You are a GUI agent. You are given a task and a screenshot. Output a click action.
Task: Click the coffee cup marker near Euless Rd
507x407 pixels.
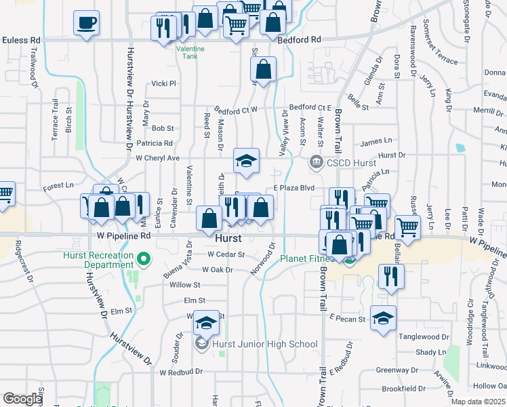click(x=86, y=23)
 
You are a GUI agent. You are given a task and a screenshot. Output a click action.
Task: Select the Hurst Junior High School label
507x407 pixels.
click(x=264, y=344)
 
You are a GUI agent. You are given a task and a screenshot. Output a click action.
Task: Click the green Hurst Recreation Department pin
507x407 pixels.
click(x=143, y=259)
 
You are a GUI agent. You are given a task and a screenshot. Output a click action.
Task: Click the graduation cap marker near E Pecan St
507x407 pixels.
click(x=383, y=318)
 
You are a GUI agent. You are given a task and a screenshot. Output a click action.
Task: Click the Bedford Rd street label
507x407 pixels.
click(x=299, y=40)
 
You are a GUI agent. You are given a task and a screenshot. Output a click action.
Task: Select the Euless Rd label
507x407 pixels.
click(x=20, y=40)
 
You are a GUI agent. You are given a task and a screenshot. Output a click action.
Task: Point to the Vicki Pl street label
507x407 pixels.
click(x=163, y=83)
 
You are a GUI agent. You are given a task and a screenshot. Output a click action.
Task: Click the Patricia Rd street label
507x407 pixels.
click(x=155, y=143)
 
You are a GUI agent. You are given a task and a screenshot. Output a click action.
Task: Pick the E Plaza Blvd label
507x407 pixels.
click(x=295, y=188)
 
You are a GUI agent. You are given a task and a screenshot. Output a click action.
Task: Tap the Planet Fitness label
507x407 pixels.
click(x=305, y=258)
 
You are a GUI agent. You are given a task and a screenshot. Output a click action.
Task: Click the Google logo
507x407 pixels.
click(x=22, y=399)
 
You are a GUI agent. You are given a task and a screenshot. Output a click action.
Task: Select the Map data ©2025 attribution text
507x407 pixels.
click(x=478, y=402)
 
